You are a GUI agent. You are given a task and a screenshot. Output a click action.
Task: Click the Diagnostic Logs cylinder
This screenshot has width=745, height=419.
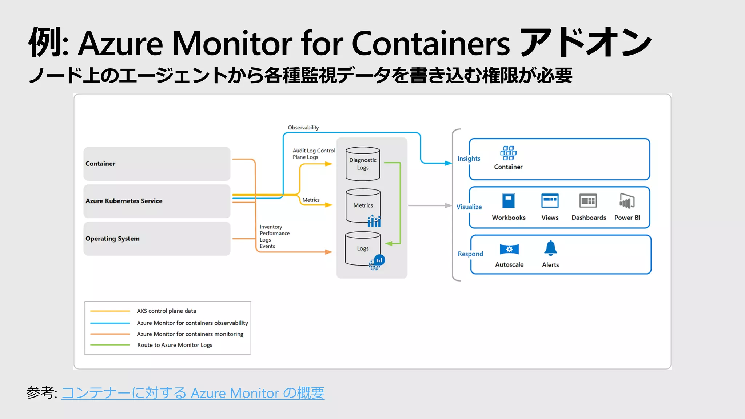click(363, 164)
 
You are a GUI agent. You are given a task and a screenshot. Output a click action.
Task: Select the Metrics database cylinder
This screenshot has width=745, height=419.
click(363, 205)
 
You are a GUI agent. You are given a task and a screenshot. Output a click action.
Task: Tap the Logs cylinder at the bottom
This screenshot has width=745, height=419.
click(363, 248)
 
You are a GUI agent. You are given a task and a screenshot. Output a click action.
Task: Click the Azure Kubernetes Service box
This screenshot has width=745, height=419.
click(157, 201)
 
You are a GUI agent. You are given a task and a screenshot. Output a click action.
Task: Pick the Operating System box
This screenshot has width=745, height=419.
click(157, 239)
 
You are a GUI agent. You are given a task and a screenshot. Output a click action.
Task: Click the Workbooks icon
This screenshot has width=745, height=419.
click(509, 201)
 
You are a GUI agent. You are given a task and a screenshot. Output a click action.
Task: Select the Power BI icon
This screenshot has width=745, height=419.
click(627, 201)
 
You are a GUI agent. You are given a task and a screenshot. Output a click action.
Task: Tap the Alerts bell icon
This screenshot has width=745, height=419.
click(550, 248)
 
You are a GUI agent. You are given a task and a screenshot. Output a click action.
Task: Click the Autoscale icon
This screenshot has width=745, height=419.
click(509, 249)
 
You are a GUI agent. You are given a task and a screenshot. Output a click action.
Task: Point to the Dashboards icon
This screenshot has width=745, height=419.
click(588, 201)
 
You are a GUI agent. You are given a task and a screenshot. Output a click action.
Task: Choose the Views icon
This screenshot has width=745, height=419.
click(550, 201)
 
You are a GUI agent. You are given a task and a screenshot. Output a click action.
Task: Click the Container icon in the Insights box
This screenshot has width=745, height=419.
click(508, 153)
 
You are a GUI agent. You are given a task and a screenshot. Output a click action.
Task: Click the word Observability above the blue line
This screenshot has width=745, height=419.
click(303, 128)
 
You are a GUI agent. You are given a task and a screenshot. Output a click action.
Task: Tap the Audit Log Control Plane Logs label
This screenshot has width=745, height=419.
click(313, 154)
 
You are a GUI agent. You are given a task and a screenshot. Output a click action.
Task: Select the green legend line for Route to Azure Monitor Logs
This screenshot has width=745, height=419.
click(110, 345)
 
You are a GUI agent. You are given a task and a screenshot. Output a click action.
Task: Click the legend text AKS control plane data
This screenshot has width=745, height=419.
click(166, 311)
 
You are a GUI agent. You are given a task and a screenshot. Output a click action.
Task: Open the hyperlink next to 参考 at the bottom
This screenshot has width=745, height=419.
click(193, 393)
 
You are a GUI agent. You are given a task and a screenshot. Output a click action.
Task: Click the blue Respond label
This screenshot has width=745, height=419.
click(470, 254)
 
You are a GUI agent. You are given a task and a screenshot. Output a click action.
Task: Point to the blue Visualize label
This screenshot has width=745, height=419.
click(469, 207)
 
